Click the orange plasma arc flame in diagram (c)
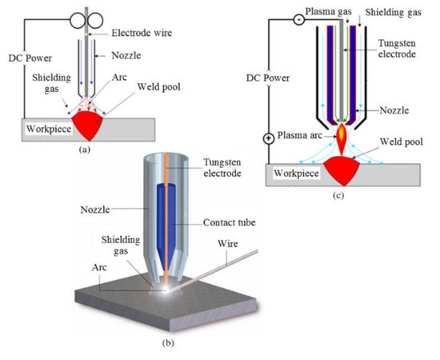[341, 142]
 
